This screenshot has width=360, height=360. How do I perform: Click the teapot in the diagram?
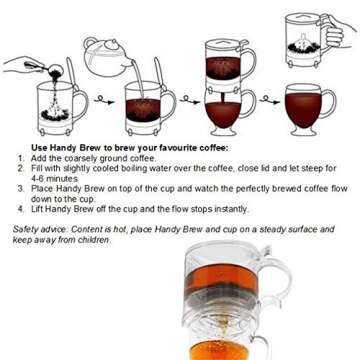pos(106,57)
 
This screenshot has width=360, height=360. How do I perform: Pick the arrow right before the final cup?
pos(267,99)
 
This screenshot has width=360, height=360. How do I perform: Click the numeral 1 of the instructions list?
pos(19,158)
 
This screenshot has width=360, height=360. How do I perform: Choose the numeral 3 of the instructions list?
pos(19,186)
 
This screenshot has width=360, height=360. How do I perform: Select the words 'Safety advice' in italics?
pos(37,228)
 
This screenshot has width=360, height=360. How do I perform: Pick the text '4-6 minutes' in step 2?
pos(54,177)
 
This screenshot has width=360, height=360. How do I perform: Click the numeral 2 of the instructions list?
pos(19,167)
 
